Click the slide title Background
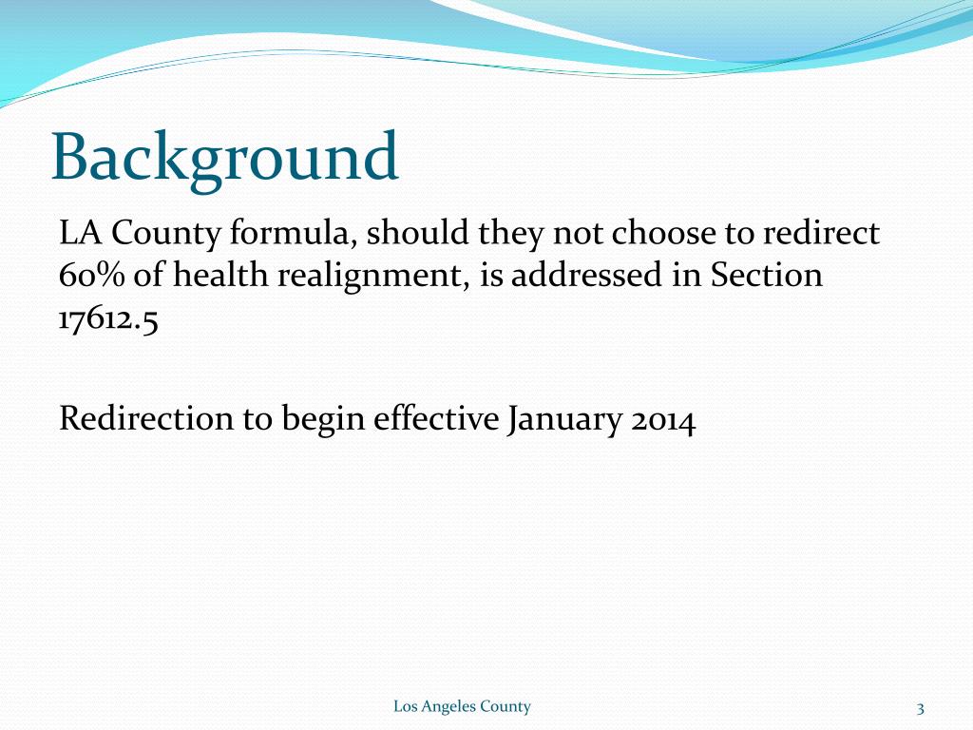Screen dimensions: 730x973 (224, 157)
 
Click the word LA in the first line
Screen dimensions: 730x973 (77, 232)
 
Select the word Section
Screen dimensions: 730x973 (766, 276)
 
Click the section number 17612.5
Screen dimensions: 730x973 (107, 319)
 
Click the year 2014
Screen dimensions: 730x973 (662, 418)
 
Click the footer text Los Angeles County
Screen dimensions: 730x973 (462, 706)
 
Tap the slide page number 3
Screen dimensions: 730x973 (921, 707)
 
